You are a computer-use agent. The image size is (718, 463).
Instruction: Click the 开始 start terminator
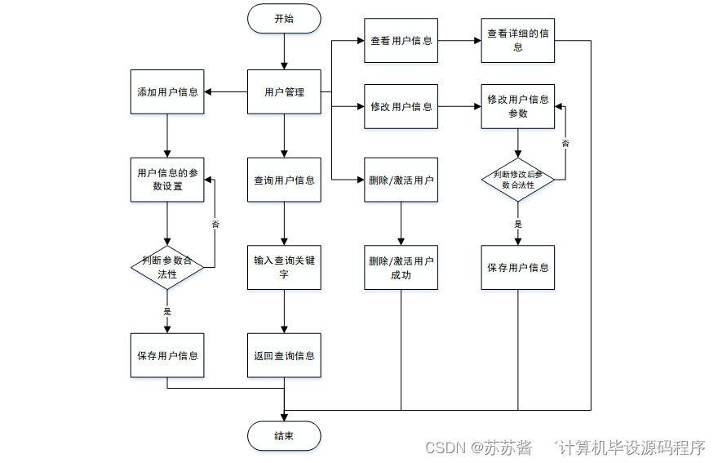tap(284, 19)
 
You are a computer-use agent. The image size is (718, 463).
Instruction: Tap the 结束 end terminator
tap(284, 436)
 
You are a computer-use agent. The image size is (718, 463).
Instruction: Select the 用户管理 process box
tap(284, 92)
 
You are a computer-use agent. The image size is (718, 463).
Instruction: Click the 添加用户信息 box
tap(167, 92)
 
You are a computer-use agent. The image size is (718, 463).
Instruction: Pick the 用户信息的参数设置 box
tap(167, 180)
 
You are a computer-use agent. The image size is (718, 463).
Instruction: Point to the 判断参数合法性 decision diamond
tap(167, 267)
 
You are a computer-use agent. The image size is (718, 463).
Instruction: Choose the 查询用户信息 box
tap(284, 180)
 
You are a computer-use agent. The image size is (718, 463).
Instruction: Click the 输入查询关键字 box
tap(284, 267)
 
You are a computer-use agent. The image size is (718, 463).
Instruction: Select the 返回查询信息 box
tap(284, 355)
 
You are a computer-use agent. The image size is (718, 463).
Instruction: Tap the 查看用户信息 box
tap(401, 41)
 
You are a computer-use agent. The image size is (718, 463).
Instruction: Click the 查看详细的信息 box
tap(517, 41)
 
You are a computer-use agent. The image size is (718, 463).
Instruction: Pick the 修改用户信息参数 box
tap(517, 106)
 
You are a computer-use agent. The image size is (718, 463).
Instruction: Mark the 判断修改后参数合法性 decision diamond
tap(517, 180)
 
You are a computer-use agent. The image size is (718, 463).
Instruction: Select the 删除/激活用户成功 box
tap(401, 268)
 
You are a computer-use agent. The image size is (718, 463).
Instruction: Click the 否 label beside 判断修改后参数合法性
tap(565, 143)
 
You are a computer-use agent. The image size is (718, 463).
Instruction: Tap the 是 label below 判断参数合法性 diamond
tap(167, 311)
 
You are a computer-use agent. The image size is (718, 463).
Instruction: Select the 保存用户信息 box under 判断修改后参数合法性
tap(517, 268)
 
